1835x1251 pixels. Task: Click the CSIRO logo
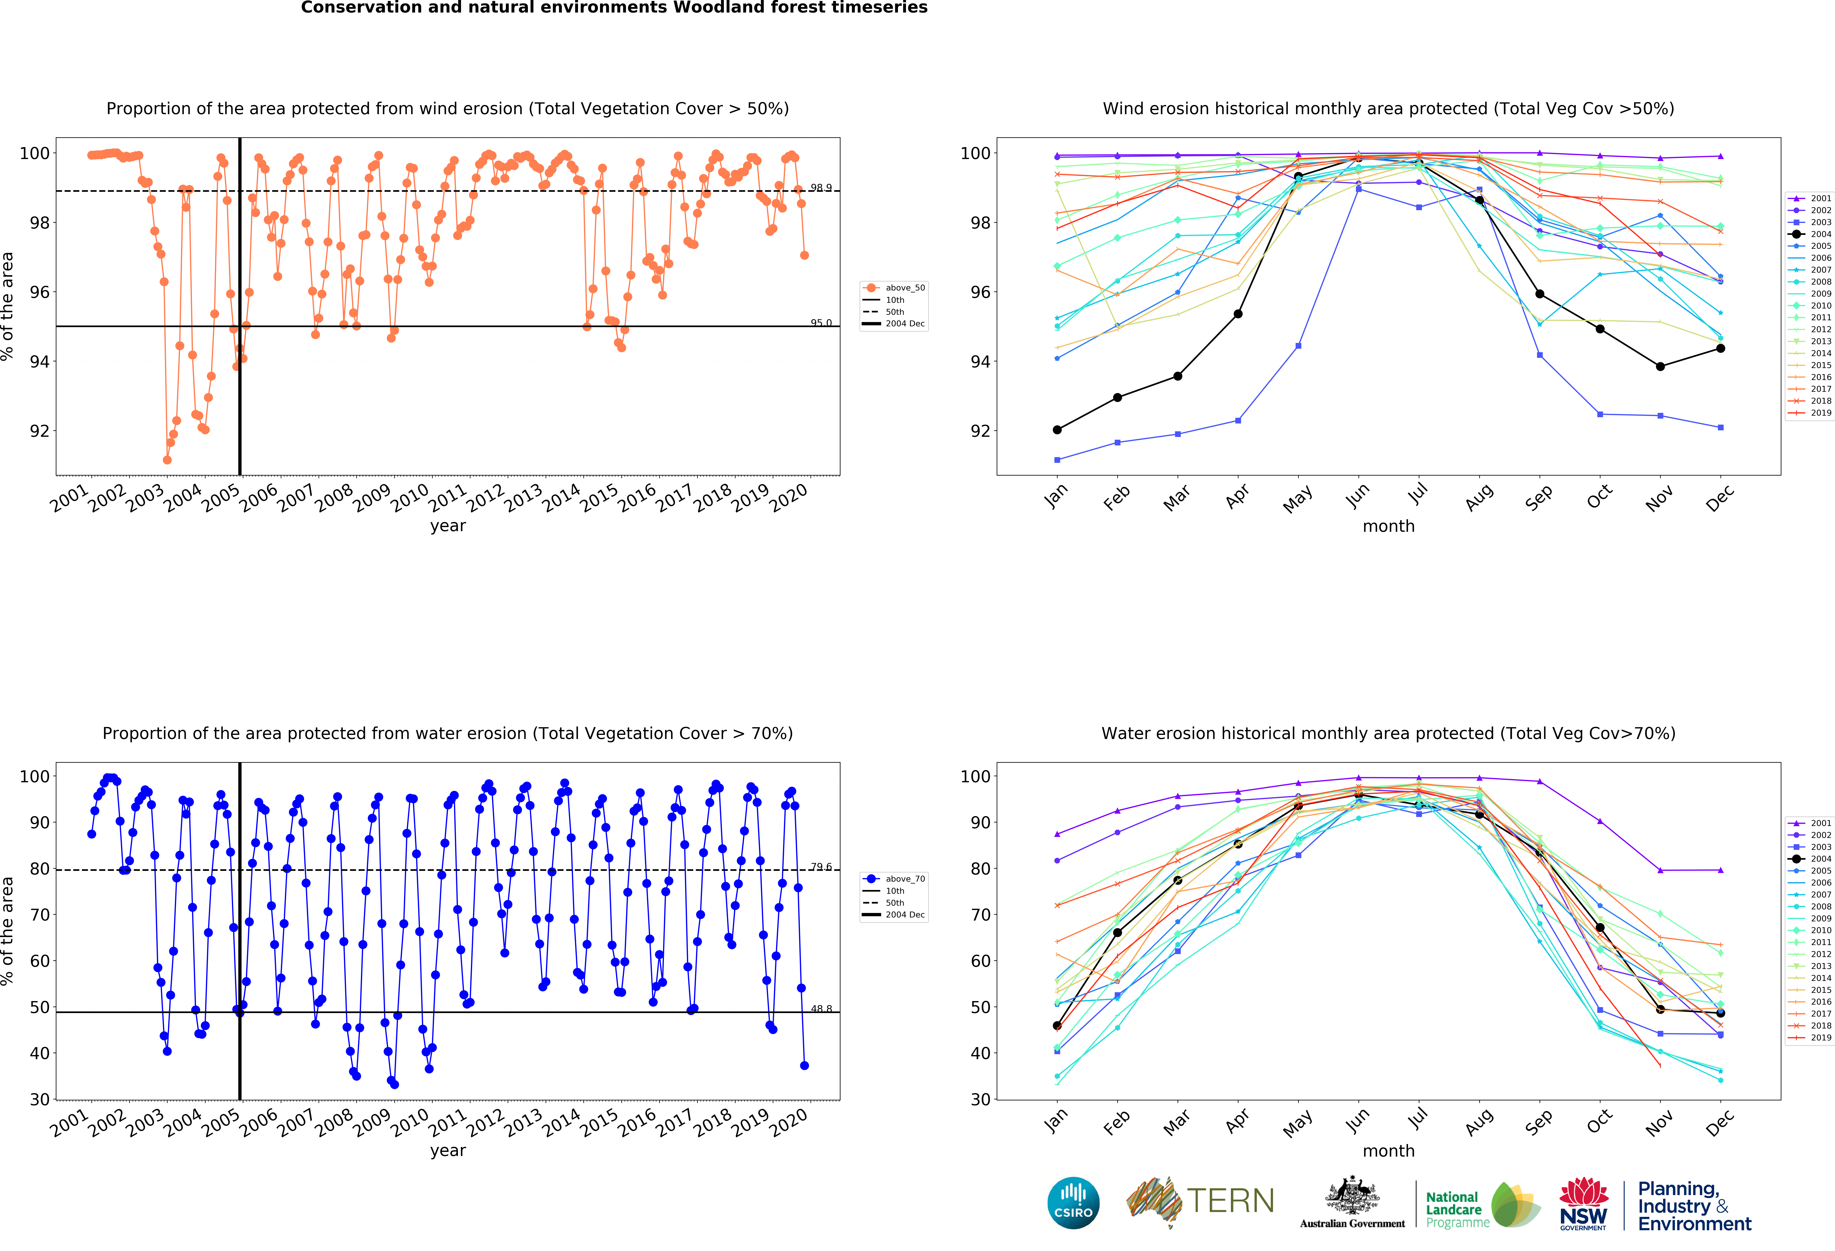1073,1203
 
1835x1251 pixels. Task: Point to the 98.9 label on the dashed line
820,188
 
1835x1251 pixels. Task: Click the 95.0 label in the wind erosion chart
820,323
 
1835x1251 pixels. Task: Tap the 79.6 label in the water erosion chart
820,867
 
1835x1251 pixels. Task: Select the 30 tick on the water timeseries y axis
40,1099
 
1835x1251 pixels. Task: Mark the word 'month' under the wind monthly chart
1388,526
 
